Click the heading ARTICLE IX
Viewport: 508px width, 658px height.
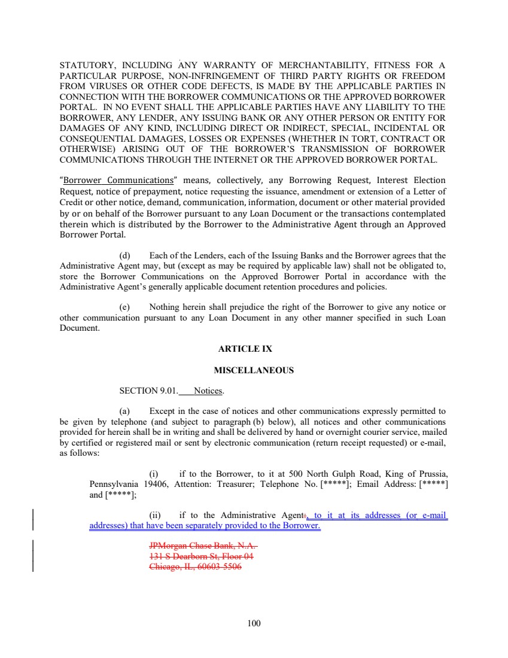(x=254, y=349)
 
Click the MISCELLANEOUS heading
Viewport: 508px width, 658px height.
(x=254, y=370)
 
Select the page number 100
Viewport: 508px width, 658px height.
(x=254, y=623)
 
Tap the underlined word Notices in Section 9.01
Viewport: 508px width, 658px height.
(x=208, y=391)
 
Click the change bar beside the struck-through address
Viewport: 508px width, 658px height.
(x=32, y=556)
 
